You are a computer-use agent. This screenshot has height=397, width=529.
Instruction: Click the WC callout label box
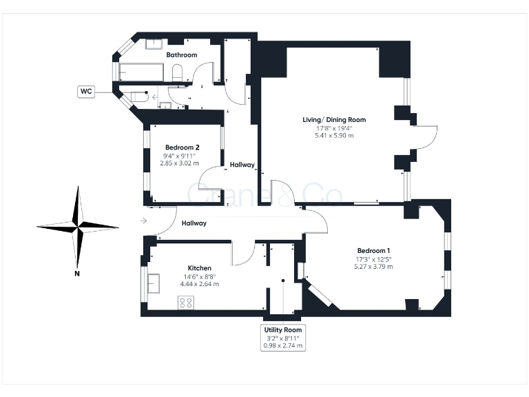[x=87, y=91]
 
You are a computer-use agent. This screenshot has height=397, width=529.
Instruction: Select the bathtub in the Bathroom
[x=142, y=72]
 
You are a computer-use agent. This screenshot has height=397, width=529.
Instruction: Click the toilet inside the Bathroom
[x=176, y=73]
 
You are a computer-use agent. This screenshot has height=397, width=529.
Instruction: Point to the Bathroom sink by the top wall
[x=154, y=44]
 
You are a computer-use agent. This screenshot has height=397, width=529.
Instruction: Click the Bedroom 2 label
[x=183, y=147]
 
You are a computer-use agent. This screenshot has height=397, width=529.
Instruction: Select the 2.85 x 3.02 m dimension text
[x=179, y=163]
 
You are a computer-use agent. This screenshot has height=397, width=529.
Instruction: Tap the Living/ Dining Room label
[x=334, y=119]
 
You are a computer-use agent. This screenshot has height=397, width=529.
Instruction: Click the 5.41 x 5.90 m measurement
[x=334, y=136]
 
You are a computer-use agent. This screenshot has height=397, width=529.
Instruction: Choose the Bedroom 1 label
[x=373, y=250]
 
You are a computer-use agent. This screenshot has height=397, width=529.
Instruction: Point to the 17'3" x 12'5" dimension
[x=373, y=259]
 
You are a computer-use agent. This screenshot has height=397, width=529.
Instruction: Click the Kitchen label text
[x=200, y=267]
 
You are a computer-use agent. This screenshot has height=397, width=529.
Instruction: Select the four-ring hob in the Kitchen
[x=186, y=302]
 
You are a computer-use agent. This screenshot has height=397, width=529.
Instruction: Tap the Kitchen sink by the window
[x=153, y=283]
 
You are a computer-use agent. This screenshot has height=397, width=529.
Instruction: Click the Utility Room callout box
[x=283, y=338]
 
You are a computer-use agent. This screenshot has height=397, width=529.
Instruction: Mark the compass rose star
[x=78, y=225]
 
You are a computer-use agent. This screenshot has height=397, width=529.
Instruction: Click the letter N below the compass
[x=77, y=274]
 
